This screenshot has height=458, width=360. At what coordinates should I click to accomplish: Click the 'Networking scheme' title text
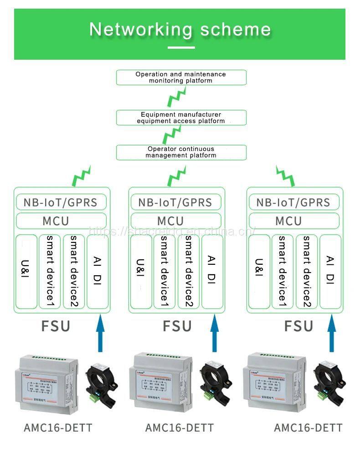[x=180, y=29]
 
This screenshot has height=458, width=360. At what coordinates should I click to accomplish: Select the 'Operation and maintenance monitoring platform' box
[x=181, y=77]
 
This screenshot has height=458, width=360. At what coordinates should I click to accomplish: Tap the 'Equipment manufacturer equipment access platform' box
[x=181, y=118]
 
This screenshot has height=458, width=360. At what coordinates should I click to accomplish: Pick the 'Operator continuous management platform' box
[x=181, y=152]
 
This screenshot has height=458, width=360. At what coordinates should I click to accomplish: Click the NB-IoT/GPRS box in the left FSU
[x=62, y=202]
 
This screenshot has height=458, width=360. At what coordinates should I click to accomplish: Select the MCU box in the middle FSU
[x=176, y=221]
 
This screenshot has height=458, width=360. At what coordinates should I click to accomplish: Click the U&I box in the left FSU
[x=26, y=272]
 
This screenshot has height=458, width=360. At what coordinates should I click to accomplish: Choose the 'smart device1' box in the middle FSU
[x=164, y=272]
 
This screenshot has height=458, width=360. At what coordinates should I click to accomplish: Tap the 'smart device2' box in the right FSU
[x=306, y=272]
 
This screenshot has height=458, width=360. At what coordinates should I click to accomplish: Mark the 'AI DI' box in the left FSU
[x=97, y=272]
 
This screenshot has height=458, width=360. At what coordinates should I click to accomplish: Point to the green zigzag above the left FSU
[x=82, y=176]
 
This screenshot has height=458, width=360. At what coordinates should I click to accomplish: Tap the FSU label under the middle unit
[x=177, y=326]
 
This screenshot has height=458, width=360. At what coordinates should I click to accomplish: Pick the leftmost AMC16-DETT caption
[x=58, y=428]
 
